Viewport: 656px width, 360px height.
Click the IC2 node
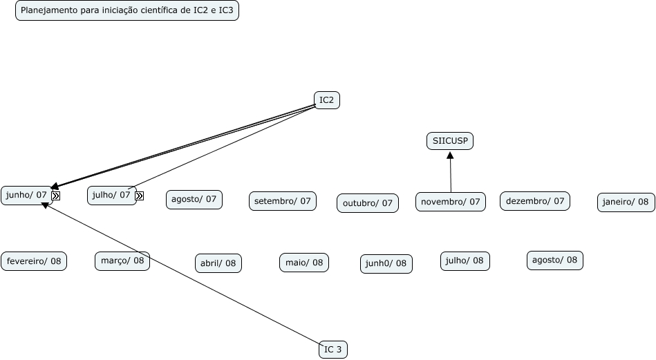[x=326, y=100]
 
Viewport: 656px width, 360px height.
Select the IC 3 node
[x=332, y=350]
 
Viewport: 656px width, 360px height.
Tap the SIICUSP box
[x=450, y=141]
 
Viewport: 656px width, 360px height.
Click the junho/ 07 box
[x=26, y=195]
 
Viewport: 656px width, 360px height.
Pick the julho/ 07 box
[x=111, y=195]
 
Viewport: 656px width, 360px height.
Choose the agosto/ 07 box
[x=194, y=200]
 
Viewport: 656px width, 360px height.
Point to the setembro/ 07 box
[x=282, y=201]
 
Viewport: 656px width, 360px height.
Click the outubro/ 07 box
[x=367, y=203]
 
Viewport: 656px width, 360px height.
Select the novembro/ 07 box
[x=450, y=202]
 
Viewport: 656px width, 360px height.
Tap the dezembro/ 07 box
[x=535, y=201]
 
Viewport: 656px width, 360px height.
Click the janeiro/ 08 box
[x=626, y=202]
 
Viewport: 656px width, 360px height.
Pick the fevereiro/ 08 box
[x=34, y=261]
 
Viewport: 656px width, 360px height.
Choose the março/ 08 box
[x=122, y=260]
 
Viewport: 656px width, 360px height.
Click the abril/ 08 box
[x=218, y=263]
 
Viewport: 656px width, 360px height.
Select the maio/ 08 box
[x=304, y=263]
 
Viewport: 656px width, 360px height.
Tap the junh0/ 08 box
[x=386, y=264]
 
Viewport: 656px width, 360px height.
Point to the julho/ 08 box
[x=465, y=260]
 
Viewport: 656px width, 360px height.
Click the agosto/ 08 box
[x=554, y=260]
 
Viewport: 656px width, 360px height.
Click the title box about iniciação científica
[x=127, y=11]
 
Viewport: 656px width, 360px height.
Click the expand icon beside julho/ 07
[x=139, y=196]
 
